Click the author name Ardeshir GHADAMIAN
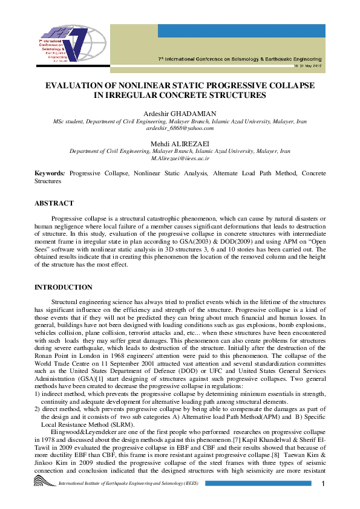pyautogui.click(x=180, y=114)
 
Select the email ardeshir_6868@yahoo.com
pyautogui.click(x=180, y=128)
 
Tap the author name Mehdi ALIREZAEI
pyautogui.click(x=180, y=143)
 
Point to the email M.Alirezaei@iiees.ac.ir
pyautogui.click(x=180, y=157)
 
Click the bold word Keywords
pyautogui.click(x=50, y=173)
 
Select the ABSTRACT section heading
pyautogui.click(x=54, y=203)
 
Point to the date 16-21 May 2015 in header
pyautogui.click(x=307, y=65)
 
